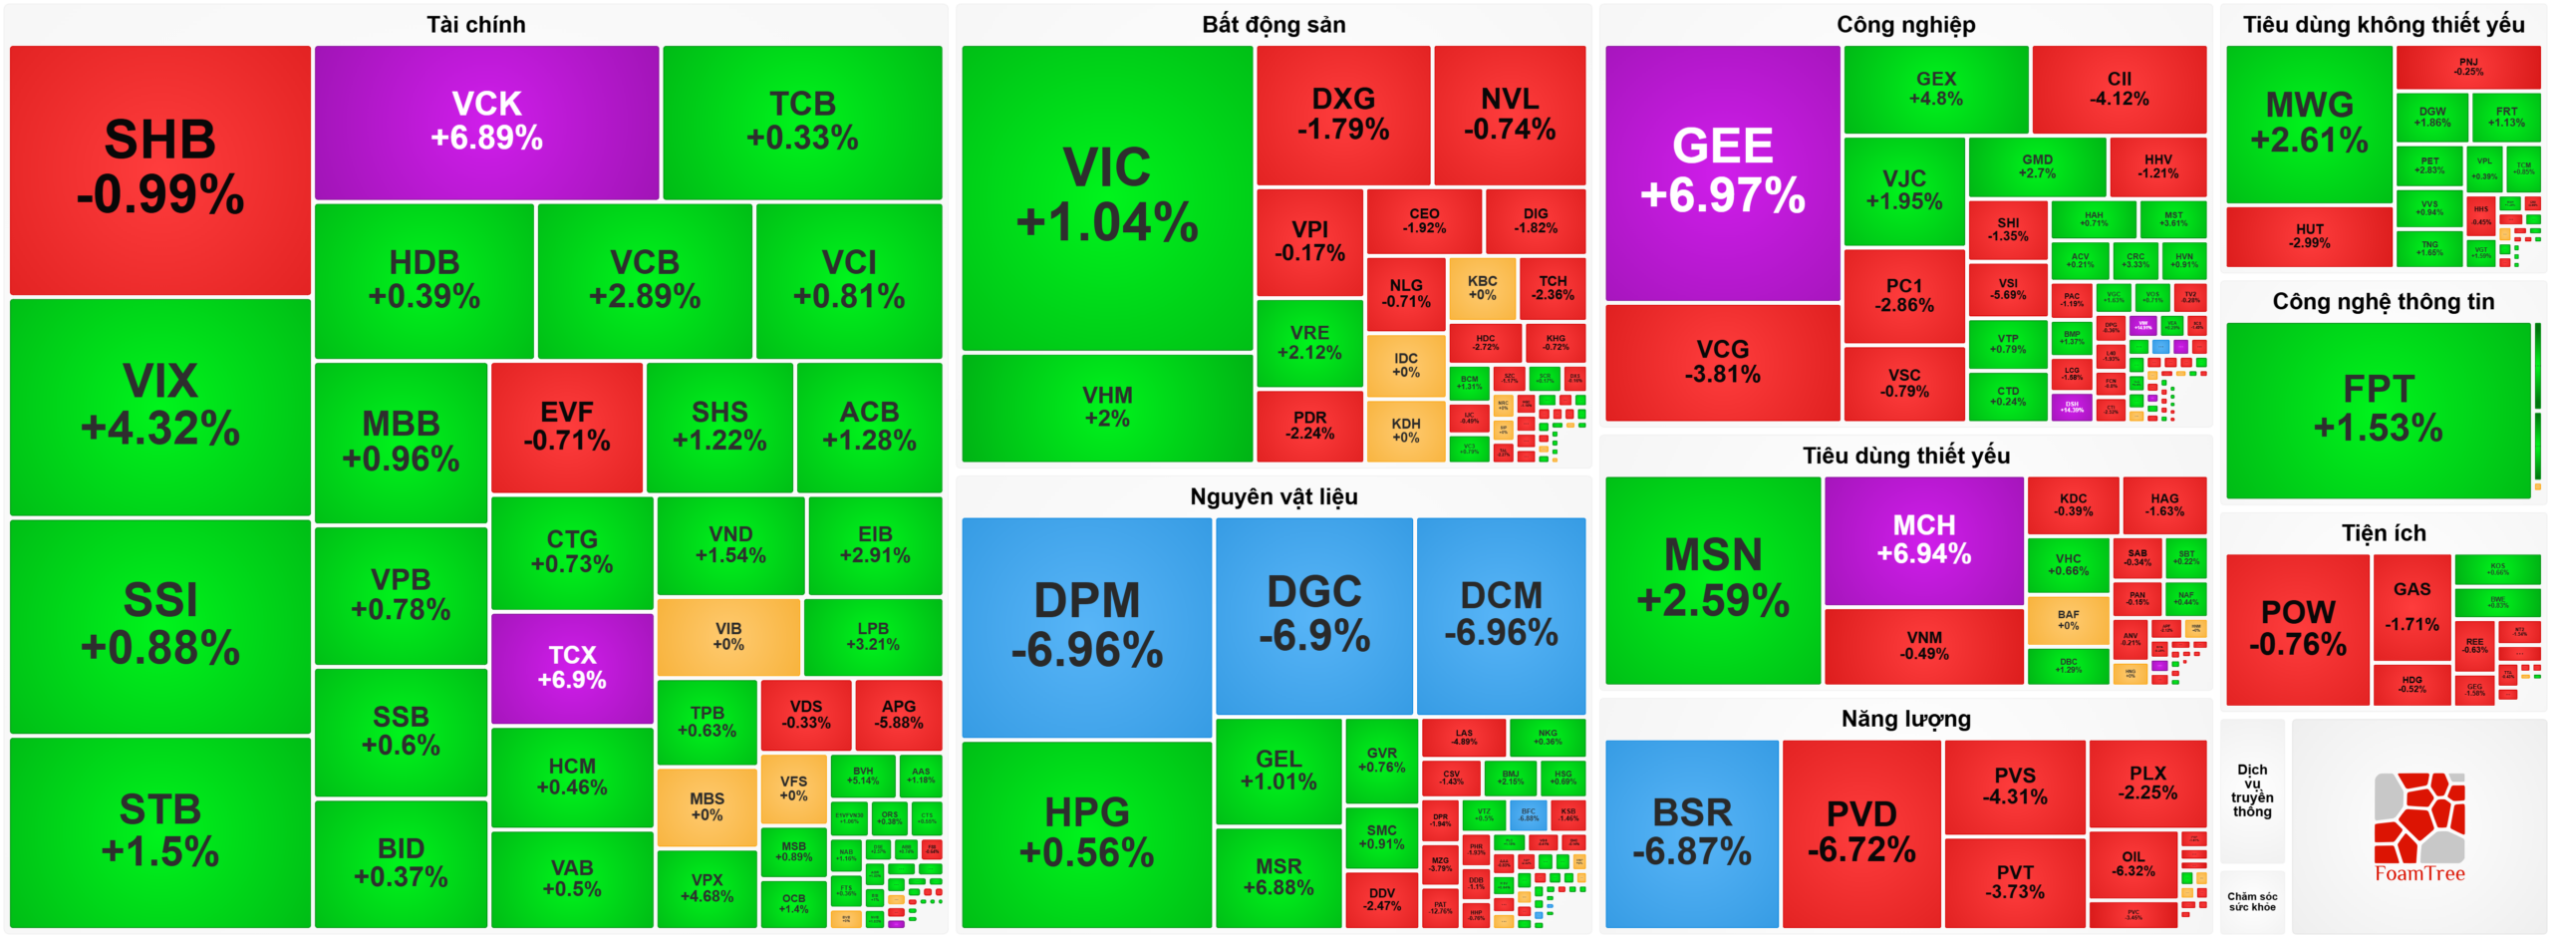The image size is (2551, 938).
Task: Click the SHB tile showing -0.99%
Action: point(159,168)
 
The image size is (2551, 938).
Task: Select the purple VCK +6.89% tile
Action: point(486,121)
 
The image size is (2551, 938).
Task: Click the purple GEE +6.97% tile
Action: point(1722,171)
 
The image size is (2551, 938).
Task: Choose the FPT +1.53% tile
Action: point(2378,409)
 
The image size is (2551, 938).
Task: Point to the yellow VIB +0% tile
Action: point(728,636)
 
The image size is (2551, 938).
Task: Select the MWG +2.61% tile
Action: point(2308,122)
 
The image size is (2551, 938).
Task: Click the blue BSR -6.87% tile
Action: point(1691,832)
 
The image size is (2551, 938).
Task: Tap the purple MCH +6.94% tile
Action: point(1923,539)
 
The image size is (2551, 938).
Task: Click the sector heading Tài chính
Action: point(475,24)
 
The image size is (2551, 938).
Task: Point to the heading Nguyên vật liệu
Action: point(1273,496)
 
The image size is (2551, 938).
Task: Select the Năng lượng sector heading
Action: point(1905,719)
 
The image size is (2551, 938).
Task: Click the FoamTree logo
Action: point(2418,827)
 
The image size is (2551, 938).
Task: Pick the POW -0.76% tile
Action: point(2297,628)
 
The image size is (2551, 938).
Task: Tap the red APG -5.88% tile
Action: point(898,714)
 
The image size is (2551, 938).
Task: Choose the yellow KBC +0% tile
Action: point(1482,288)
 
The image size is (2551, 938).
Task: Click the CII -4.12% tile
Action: point(2119,89)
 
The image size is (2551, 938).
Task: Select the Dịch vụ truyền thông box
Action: point(2251,790)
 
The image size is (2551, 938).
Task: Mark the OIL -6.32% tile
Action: point(2132,864)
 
